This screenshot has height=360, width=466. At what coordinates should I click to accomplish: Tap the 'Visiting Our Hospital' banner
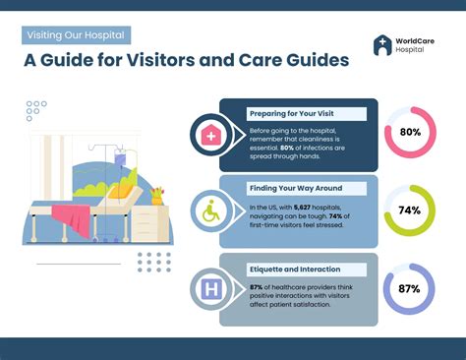[x=77, y=35]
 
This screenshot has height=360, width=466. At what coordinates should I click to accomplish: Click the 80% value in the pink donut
[x=410, y=132]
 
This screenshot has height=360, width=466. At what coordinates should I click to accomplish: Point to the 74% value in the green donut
[x=410, y=210]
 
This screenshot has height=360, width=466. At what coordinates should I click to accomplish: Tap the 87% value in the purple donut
[x=410, y=288]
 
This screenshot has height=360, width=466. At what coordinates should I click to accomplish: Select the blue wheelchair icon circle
[x=209, y=211]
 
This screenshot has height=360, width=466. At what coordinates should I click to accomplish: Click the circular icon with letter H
[x=209, y=290]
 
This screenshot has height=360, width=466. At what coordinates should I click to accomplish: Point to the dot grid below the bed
[x=152, y=263]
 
